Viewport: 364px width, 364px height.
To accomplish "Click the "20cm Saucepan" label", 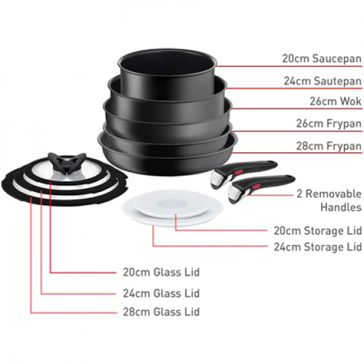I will pos(322,58).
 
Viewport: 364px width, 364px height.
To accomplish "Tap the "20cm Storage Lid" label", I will pos(318,231).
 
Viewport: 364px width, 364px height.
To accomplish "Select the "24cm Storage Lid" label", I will pos(318,247).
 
